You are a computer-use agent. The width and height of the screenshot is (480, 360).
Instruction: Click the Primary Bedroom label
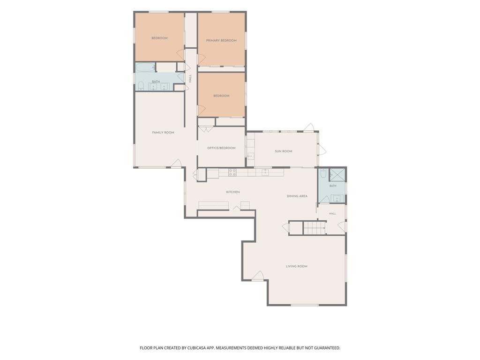pyautogui.click(x=221, y=40)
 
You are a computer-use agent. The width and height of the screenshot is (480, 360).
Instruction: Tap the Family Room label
pyautogui.click(x=163, y=133)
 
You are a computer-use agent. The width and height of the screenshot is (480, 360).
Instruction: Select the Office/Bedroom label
pyautogui.click(x=221, y=148)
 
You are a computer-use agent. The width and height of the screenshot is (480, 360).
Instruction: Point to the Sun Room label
pyautogui.click(x=284, y=151)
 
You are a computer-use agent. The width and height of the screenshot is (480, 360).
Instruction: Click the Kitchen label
pyautogui.click(x=233, y=192)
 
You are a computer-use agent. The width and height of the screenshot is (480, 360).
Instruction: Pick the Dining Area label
pyautogui.click(x=297, y=196)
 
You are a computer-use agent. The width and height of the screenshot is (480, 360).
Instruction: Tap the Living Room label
pyautogui.click(x=297, y=266)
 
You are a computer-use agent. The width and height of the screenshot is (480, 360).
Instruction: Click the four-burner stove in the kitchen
pyautogui.click(x=232, y=172)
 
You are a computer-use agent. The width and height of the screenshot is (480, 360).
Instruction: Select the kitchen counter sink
pyautogui.click(x=265, y=172)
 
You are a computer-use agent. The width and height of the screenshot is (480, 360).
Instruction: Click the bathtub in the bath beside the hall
pyautogui.click(x=146, y=67)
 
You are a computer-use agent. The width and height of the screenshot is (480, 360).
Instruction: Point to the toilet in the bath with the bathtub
pyautogui.click(x=141, y=86)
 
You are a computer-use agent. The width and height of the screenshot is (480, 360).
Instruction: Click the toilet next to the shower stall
pyautogui.click(x=323, y=173)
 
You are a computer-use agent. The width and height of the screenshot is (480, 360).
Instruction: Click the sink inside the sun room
pyautogui.click(x=251, y=156)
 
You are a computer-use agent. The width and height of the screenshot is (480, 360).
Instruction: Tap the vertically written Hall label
pyautogui.click(x=190, y=78)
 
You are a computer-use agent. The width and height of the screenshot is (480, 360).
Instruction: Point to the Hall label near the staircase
pyautogui.click(x=332, y=214)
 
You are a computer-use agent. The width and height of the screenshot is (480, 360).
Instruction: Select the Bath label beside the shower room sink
pyautogui.click(x=333, y=186)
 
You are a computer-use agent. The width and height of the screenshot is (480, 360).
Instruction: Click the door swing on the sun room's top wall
pyautogui.click(x=309, y=127)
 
